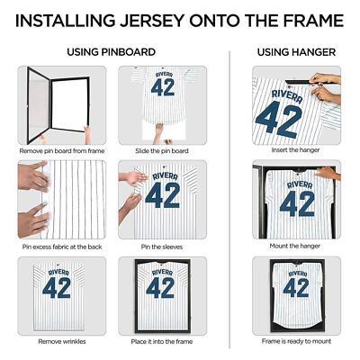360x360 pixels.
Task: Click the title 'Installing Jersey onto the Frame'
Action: tap(180, 20)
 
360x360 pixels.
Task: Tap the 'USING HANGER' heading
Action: tap(295, 52)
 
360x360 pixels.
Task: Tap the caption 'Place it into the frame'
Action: tap(161, 342)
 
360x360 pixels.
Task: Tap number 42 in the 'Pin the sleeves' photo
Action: tap(163, 195)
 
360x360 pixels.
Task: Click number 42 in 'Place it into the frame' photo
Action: tap(161, 288)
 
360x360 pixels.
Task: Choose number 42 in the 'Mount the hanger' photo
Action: tap(296, 204)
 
